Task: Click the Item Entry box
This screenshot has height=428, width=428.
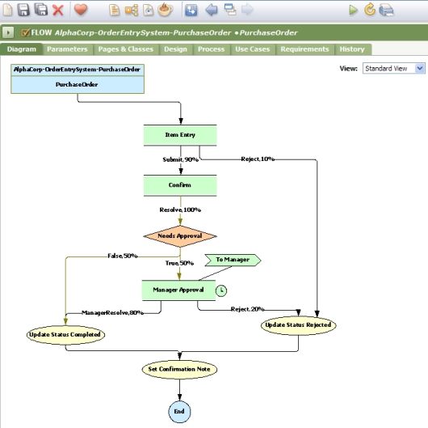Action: point(180,135)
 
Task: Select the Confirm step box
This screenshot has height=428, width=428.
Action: point(180,185)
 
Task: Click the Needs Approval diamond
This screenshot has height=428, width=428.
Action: point(180,235)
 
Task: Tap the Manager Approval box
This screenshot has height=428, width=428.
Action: point(178,289)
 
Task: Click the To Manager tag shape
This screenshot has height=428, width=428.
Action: point(233,261)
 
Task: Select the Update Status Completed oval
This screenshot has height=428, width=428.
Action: point(65,334)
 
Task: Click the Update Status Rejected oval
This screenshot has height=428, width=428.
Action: point(298,324)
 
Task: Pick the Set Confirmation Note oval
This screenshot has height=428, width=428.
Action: point(179,369)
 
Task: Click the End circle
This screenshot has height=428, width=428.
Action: point(179,411)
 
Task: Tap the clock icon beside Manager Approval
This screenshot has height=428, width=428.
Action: point(222,290)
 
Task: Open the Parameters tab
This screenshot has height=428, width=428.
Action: point(67,49)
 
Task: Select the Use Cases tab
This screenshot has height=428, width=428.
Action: point(253,49)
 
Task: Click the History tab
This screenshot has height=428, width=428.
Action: point(352,49)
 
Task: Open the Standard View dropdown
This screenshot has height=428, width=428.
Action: point(393,69)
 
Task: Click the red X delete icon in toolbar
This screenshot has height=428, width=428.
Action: point(57,10)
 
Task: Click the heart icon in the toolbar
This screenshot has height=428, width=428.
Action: point(81,10)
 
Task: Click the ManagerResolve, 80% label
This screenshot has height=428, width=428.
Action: point(112,312)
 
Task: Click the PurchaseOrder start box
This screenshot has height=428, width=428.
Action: point(78,83)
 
